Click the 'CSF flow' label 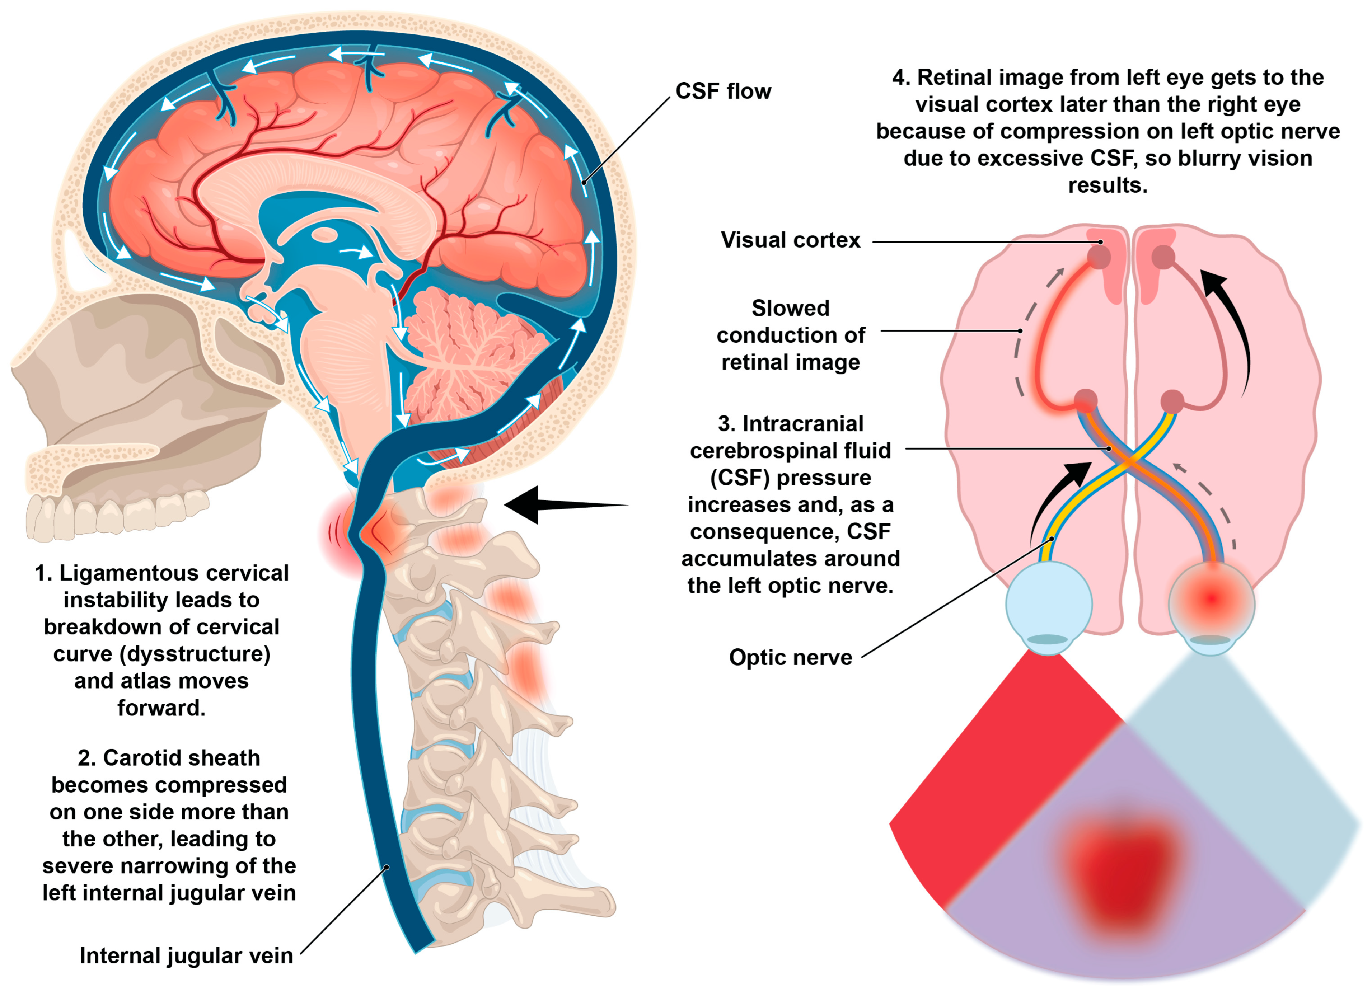click(x=723, y=91)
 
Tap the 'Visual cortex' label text click(x=790, y=240)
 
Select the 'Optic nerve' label click(x=790, y=657)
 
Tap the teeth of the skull click(x=115, y=514)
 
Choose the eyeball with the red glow click(x=1212, y=602)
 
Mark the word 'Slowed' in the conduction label click(x=790, y=308)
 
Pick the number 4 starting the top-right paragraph click(x=900, y=78)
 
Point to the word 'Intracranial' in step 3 click(x=803, y=424)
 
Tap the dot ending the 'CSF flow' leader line click(x=584, y=182)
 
